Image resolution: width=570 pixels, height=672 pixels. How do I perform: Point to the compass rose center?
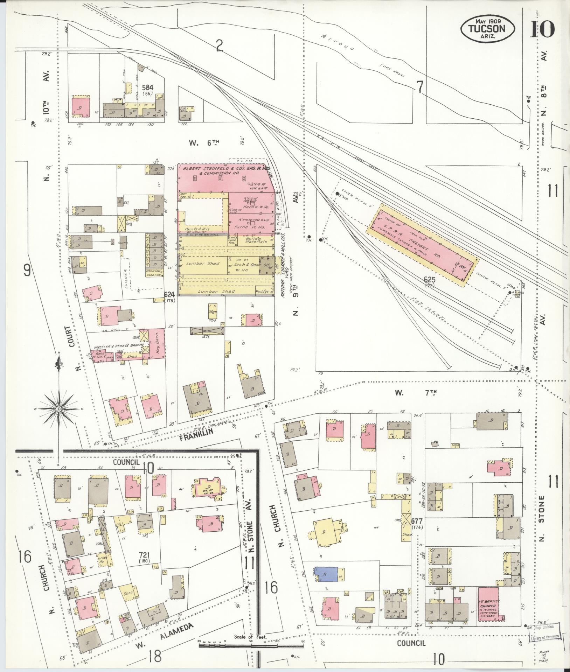click(59, 409)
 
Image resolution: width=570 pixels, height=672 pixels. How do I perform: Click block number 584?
click(148, 87)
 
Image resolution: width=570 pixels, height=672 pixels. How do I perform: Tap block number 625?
click(429, 280)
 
